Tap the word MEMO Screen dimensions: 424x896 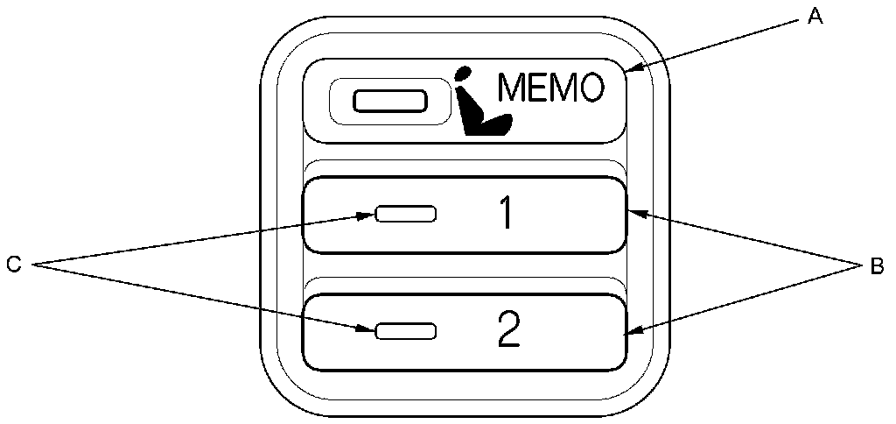550,88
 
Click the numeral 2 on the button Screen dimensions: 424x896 508,329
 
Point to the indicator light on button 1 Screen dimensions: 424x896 405,215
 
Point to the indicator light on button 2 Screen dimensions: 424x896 405,330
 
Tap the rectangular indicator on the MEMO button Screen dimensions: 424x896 389,100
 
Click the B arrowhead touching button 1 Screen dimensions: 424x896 635,212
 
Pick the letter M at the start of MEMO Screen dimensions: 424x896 514,88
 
